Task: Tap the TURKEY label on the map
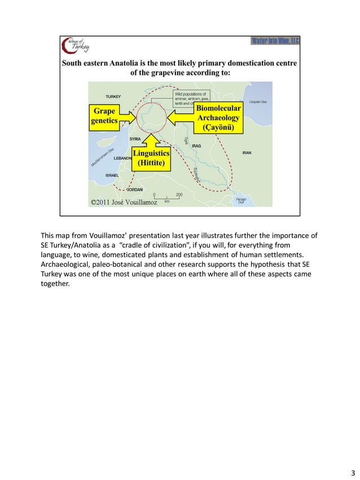point(113,96)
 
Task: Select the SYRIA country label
point(135,139)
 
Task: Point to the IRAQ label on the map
point(196,146)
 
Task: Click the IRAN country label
point(247,153)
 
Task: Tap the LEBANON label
point(122,158)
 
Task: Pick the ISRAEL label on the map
point(112,175)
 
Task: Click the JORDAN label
point(134,189)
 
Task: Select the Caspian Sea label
point(258,102)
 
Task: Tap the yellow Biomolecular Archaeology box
point(218,117)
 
